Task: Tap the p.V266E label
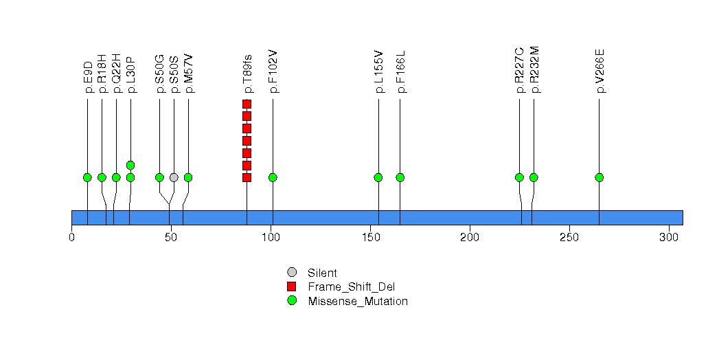600,71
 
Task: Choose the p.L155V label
378,71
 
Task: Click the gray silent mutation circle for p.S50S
174,177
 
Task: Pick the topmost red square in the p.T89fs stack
247,104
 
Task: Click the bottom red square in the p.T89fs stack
247,177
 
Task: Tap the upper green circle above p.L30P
130,165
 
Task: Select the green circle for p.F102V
273,177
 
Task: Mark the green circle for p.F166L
400,177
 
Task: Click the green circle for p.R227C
519,177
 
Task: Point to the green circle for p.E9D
87,177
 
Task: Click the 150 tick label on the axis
371,237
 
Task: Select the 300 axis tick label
669,237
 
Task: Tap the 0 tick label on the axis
72,237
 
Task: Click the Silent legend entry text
322,273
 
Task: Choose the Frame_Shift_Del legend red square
292,286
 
